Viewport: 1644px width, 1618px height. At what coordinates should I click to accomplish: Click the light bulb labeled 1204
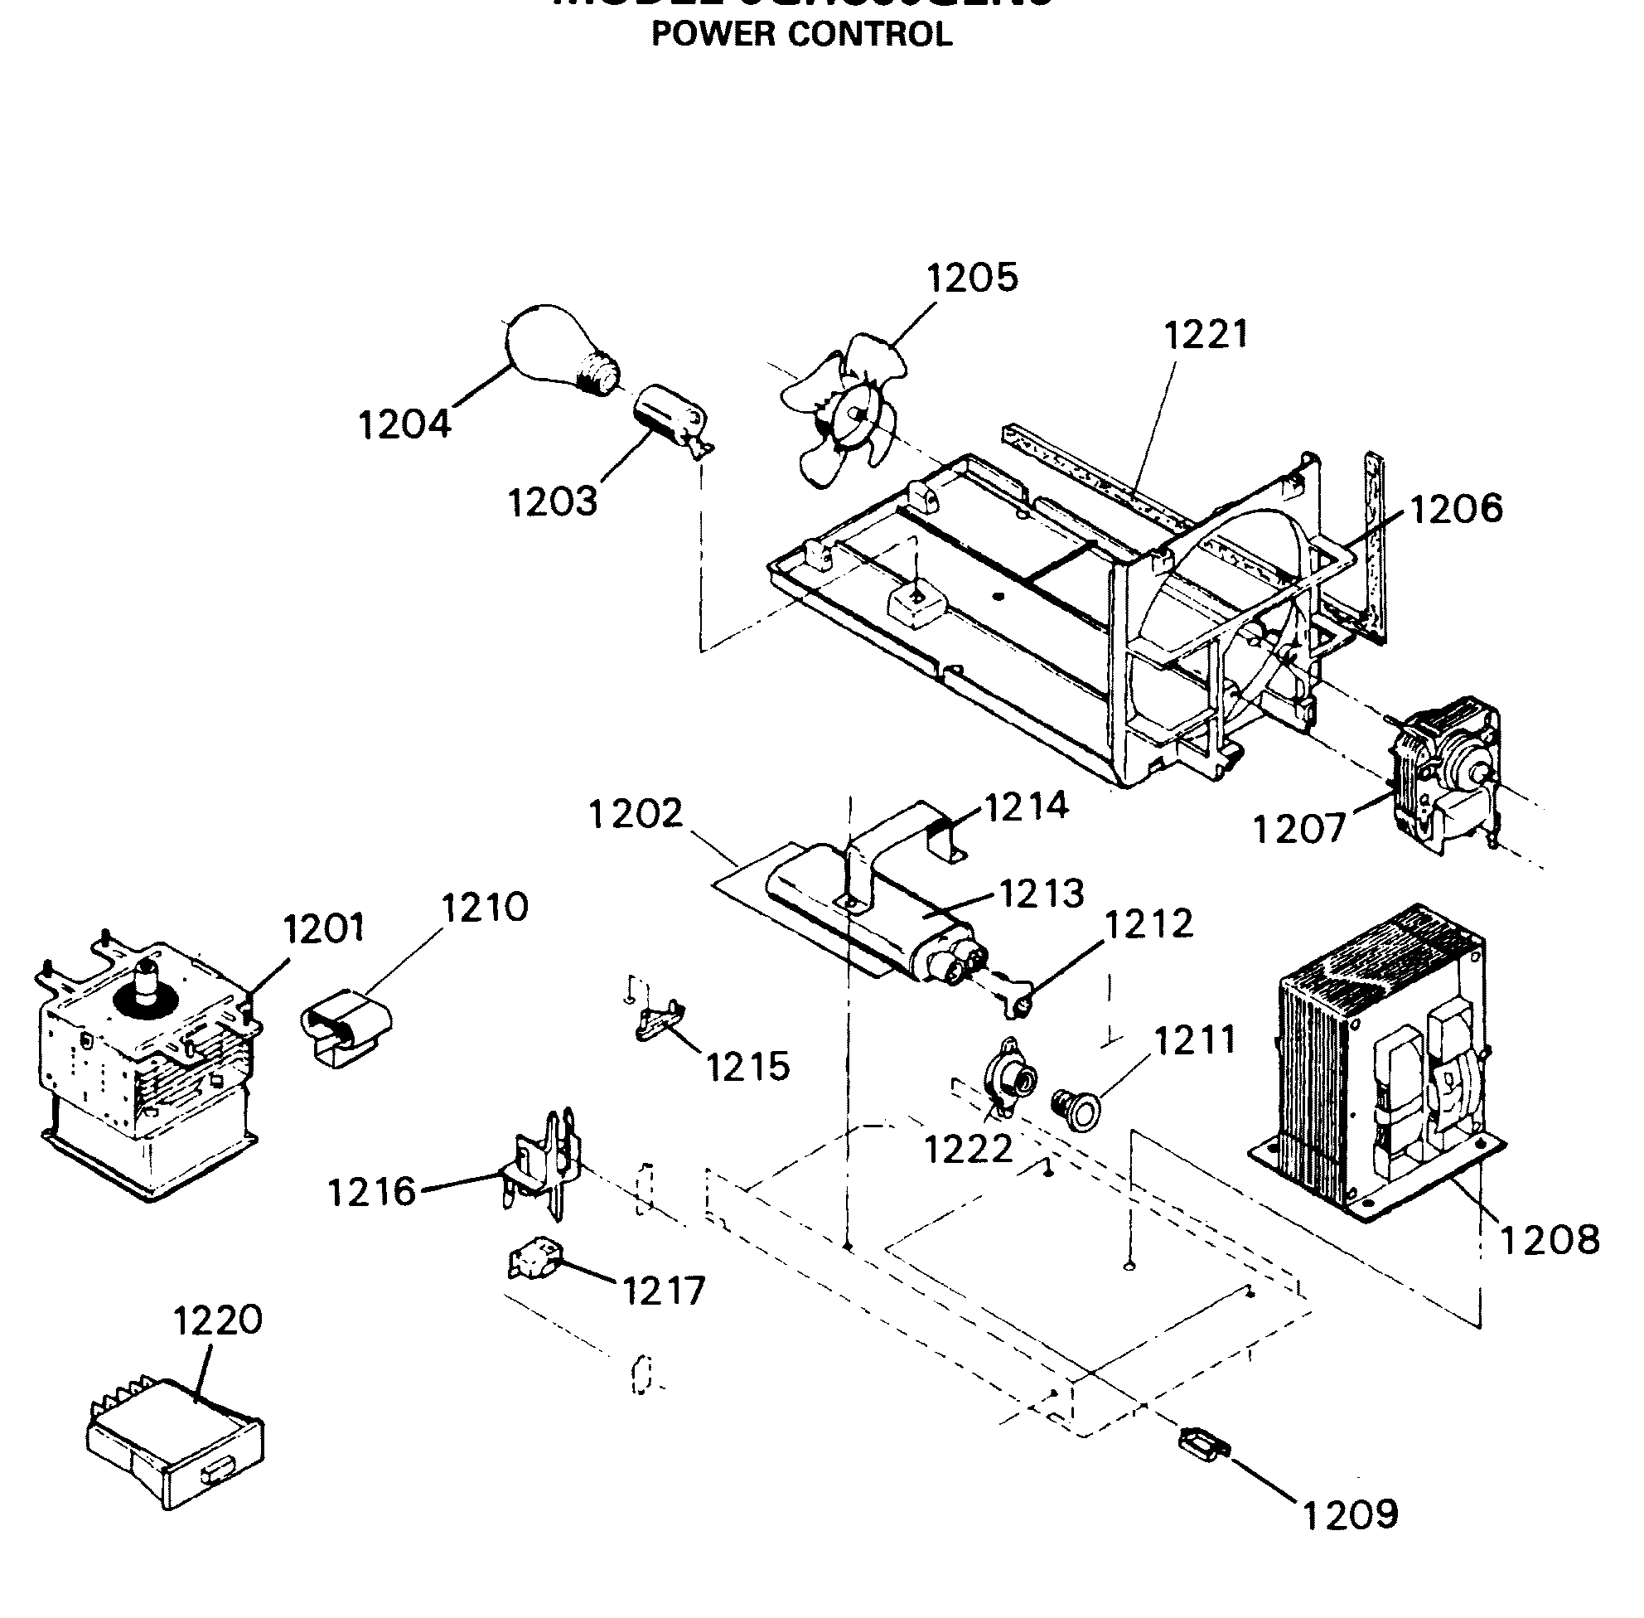pyautogui.click(x=557, y=350)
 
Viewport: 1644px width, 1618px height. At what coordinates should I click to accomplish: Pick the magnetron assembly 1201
pyautogui.click(x=144, y=1071)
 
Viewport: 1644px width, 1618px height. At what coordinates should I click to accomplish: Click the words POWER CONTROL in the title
pyautogui.click(x=801, y=34)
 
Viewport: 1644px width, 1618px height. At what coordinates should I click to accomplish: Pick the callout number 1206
pyautogui.click(x=1455, y=509)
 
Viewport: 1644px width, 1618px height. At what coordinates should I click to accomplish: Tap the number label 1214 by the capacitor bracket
pyautogui.click(x=1026, y=806)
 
